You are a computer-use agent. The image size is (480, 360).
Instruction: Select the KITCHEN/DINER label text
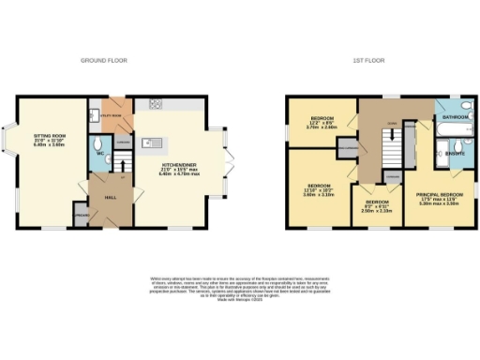(177, 161)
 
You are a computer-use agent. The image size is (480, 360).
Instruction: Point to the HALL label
(109, 197)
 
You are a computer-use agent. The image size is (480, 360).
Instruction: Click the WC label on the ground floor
(97, 154)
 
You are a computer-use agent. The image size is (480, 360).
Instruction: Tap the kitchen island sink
(148, 142)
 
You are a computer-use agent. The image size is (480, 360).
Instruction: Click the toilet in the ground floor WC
(98, 142)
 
